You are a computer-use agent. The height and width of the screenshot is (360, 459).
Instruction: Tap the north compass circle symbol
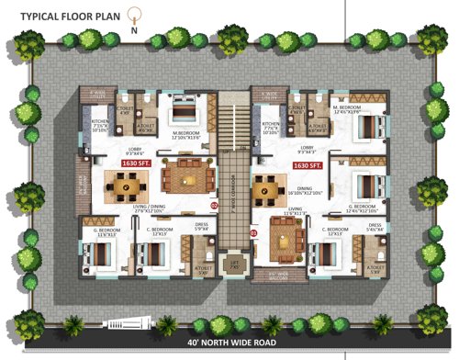(x=135, y=14)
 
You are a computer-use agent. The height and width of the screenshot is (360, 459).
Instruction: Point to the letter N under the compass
(x=135, y=29)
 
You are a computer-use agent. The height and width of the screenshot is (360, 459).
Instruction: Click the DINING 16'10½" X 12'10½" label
(x=304, y=190)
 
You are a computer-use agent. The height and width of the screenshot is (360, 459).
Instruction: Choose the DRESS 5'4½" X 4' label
(x=374, y=227)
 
